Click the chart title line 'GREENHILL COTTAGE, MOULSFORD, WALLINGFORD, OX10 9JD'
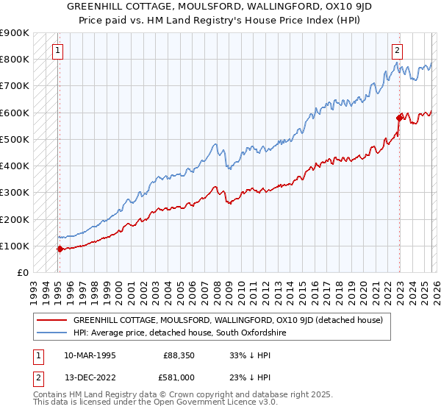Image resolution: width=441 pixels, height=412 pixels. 220,7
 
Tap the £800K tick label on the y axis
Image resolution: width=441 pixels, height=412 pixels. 15,59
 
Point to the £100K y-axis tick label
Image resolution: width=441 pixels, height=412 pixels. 15,246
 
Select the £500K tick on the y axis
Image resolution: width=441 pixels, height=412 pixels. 15,139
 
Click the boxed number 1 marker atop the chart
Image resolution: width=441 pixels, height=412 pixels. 58,51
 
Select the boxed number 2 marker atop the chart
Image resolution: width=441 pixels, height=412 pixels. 397,51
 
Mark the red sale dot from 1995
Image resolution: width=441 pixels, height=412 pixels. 60,249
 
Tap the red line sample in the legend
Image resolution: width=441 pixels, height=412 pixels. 51,320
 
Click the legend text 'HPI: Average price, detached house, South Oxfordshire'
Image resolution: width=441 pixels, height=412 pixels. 179,333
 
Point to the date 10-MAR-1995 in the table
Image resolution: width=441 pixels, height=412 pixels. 89,355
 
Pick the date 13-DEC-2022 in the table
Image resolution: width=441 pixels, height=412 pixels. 89,380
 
